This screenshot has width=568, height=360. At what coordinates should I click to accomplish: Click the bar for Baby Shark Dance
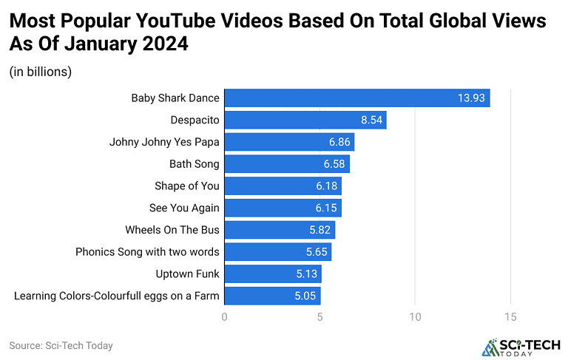(x=357, y=98)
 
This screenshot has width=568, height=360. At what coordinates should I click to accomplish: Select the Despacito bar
(x=305, y=120)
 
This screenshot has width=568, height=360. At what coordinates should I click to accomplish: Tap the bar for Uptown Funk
(x=273, y=274)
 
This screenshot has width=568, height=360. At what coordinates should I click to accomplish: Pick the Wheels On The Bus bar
(x=280, y=230)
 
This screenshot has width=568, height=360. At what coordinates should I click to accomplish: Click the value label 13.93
(x=471, y=98)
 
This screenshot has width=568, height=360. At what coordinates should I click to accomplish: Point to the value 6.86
(x=339, y=142)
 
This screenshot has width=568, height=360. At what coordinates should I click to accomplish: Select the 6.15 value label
(x=326, y=208)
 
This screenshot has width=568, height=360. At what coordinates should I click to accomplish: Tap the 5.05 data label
(x=305, y=296)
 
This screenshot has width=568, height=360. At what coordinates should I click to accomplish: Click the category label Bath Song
(x=195, y=164)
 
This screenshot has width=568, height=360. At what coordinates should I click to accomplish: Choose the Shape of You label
(x=187, y=186)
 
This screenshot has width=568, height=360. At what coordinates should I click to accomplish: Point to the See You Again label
(x=184, y=208)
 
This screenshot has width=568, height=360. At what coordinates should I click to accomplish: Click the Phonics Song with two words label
(x=147, y=252)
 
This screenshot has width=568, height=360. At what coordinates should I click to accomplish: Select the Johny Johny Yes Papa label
(x=164, y=142)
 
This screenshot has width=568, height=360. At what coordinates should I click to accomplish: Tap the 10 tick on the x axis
(x=415, y=317)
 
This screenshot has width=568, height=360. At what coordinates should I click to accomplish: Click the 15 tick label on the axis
(x=510, y=317)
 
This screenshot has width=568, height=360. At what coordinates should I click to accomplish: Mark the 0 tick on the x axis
(x=225, y=317)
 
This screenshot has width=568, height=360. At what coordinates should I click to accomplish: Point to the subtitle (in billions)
(x=41, y=72)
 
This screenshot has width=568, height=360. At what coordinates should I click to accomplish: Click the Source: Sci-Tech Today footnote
(x=61, y=345)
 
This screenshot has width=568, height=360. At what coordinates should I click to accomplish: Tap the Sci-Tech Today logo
(x=521, y=347)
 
